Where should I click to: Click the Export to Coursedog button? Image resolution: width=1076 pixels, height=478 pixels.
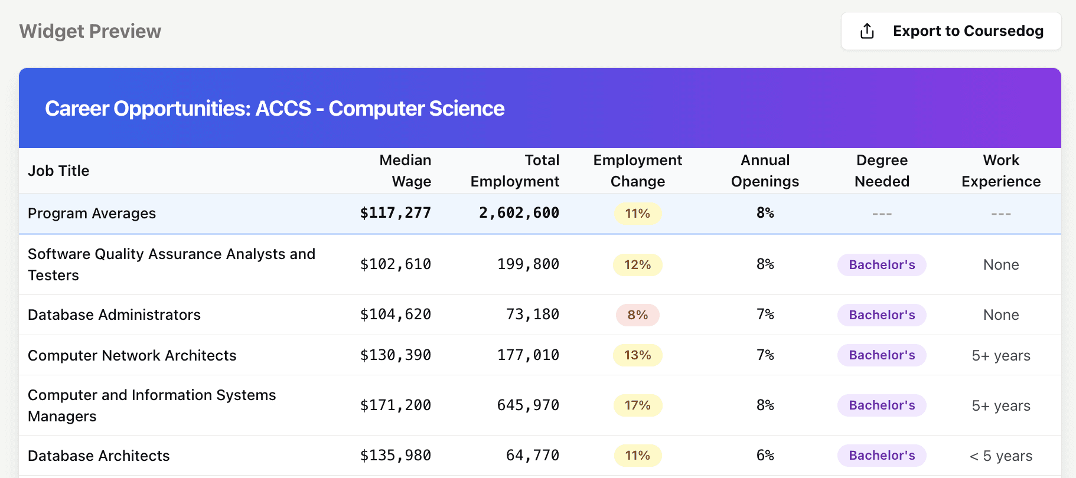(951, 31)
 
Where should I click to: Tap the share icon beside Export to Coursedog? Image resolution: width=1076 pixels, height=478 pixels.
(867, 31)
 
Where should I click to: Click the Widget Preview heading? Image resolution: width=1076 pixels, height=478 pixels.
(90, 31)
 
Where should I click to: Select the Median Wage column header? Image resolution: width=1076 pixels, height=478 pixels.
(405, 171)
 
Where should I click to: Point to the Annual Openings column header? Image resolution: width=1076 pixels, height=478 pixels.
(765, 171)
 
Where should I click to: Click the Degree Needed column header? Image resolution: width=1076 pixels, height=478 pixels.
(882, 171)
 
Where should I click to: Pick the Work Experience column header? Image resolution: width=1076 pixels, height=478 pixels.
(1001, 171)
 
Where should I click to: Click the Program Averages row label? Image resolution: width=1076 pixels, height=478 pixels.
(92, 213)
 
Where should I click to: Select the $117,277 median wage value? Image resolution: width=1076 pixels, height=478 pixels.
(396, 213)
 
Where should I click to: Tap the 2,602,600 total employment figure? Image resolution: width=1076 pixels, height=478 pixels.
(519, 213)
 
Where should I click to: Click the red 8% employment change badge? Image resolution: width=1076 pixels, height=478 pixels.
(638, 315)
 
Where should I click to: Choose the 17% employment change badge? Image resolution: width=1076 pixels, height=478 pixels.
(638, 405)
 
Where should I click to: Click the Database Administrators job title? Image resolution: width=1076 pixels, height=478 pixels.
(114, 315)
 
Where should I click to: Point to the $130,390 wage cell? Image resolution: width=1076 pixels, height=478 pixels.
(396, 355)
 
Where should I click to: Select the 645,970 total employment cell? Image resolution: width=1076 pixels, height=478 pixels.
(528, 405)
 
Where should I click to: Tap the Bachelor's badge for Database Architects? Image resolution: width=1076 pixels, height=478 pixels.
(882, 456)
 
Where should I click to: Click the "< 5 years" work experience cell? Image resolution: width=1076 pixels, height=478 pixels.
(1001, 456)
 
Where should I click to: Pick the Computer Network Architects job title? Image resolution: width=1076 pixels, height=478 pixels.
(132, 355)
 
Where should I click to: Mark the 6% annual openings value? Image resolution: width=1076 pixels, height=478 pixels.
(765, 456)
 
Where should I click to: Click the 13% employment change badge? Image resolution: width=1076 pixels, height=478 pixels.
(638, 355)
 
